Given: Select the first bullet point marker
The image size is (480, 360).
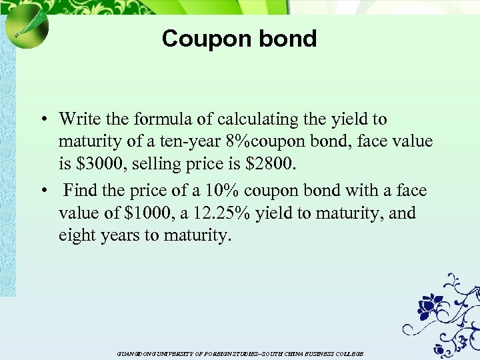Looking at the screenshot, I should [x=42, y=121].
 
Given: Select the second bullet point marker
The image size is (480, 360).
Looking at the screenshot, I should [x=42, y=192].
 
